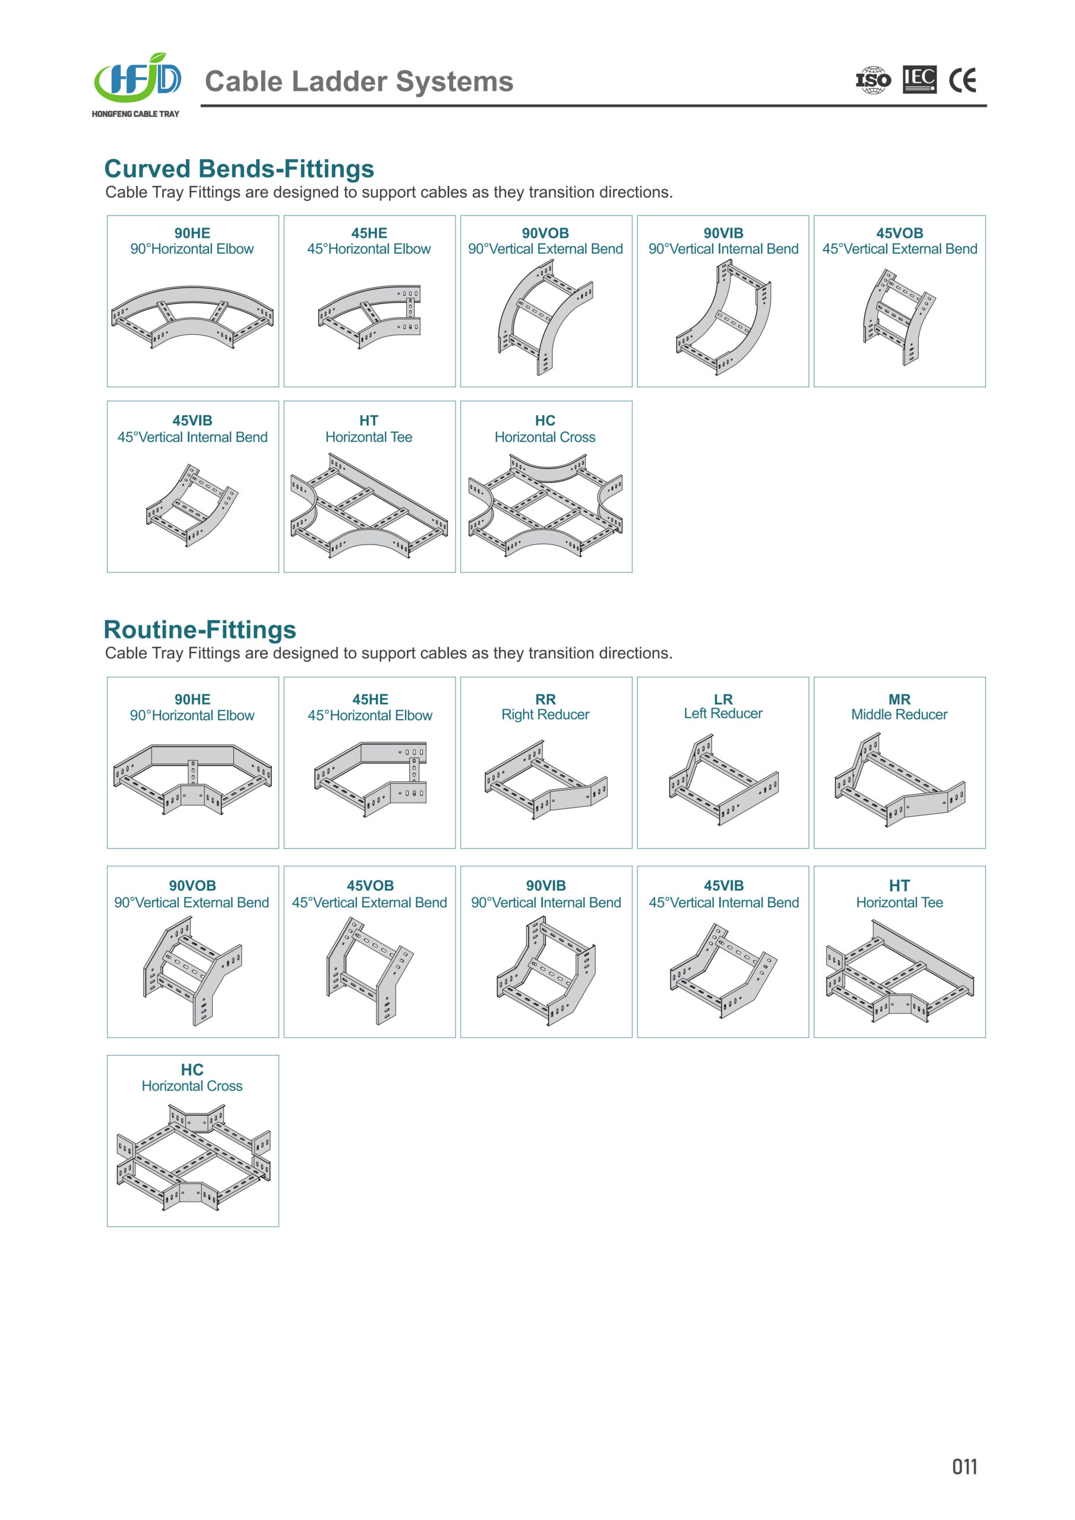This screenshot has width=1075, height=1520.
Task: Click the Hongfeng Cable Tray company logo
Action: [x=137, y=84]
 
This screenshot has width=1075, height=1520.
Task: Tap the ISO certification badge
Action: [x=873, y=80]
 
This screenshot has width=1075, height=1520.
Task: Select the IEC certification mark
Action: [x=920, y=80]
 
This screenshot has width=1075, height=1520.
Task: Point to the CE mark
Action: [x=962, y=80]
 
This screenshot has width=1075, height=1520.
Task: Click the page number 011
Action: [x=965, y=1467]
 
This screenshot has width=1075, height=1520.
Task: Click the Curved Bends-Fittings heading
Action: [x=239, y=169]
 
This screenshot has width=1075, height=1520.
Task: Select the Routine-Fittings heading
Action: [x=200, y=629]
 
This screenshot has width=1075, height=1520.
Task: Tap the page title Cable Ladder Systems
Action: [x=359, y=81]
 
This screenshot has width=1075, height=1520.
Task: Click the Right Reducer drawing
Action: [x=546, y=780]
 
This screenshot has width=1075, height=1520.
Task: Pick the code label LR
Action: [x=723, y=699]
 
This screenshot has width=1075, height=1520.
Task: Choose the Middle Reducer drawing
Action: [x=899, y=780]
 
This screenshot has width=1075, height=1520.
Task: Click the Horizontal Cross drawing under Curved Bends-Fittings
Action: [x=546, y=506]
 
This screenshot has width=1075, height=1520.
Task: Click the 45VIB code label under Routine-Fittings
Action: [x=723, y=886]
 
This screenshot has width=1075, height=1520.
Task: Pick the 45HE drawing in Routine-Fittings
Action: [x=369, y=778]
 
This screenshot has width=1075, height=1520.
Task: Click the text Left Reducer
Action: [x=723, y=714]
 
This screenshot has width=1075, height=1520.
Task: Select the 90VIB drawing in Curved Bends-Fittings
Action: [x=723, y=317]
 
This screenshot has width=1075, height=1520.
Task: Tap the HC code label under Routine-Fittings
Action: [x=192, y=1070]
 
